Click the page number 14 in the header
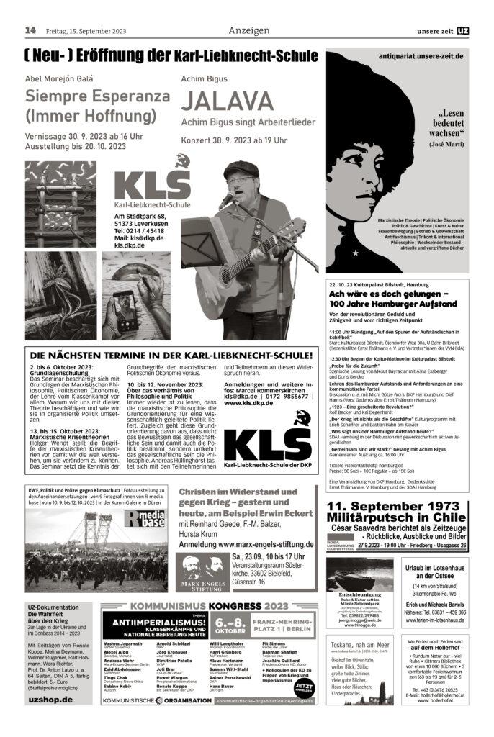[x=30, y=30]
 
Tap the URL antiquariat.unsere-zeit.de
[x=411, y=56]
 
